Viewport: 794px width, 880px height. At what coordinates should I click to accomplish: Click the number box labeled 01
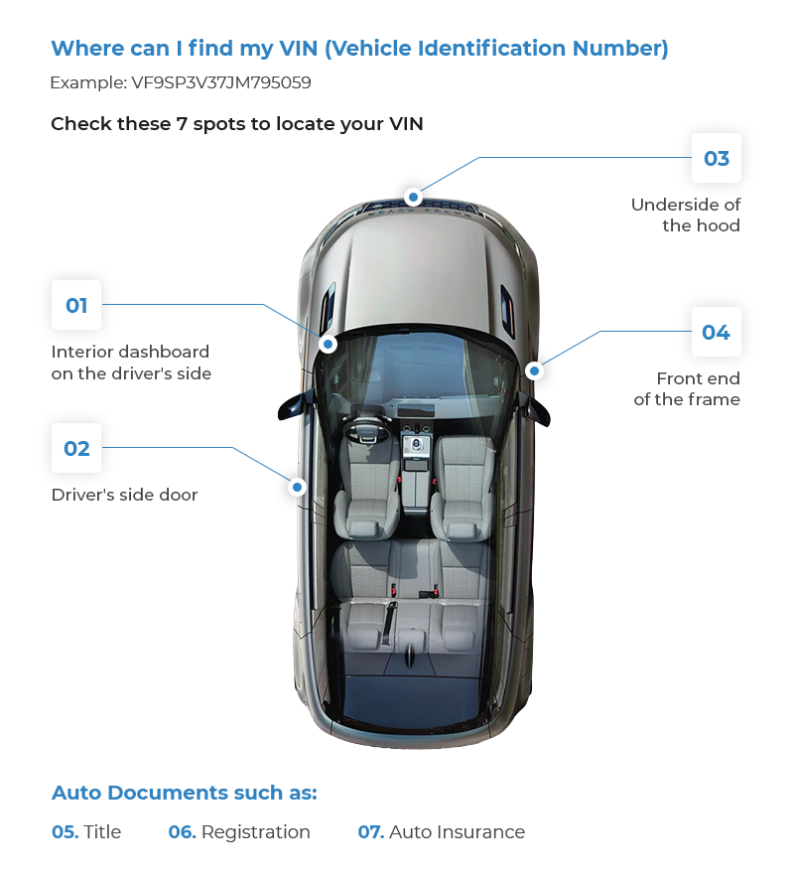click(x=76, y=305)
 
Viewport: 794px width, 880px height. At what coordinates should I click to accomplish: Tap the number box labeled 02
click(x=76, y=448)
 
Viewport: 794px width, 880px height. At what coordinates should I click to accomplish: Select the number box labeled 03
click(x=717, y=159)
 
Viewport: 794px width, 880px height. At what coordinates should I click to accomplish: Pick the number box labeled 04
click(x=717, y=332)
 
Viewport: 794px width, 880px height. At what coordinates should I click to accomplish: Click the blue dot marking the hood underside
click(x=414, y=196)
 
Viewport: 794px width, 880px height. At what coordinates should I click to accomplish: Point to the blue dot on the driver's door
click(x=297, y=487)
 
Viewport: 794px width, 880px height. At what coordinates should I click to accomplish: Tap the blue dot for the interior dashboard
click(x=328, y=345)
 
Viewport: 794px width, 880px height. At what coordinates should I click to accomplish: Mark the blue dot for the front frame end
click(x=534, y=370)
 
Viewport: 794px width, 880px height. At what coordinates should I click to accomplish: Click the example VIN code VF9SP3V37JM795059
click(x=221, y=83)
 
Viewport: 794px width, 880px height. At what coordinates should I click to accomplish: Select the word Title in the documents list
click(x=102, y=832)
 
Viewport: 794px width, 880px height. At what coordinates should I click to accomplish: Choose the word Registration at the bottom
click(x=255, y=832)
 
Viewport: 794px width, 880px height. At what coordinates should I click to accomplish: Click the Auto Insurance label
click(x=457, y=832)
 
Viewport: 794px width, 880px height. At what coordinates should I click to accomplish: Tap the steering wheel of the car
click(x=364, y=431)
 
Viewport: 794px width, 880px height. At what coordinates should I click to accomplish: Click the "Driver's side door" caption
click(x=124, y=495)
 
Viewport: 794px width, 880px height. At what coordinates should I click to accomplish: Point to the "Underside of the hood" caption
click(x=686, y=215)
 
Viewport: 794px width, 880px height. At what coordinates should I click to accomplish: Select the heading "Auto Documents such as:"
click(x=184, y=793)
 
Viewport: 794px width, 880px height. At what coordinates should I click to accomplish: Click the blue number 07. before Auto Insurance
click(x=370, y=832)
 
